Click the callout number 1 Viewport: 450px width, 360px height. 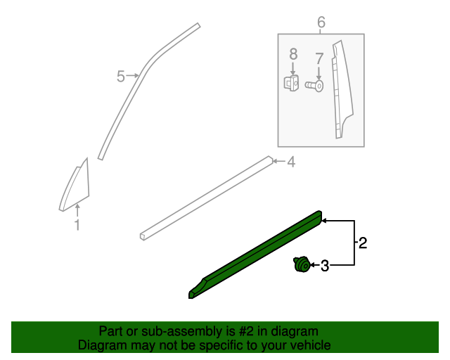77,225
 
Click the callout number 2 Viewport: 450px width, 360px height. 363,243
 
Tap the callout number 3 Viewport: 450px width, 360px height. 325,266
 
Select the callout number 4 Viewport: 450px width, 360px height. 290,162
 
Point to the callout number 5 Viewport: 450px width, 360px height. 121,76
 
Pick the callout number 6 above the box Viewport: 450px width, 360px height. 321,22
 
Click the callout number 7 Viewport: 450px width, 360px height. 319,58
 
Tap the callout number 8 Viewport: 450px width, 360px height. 293,53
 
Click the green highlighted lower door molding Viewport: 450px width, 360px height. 257,254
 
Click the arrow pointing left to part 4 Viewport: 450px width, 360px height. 278,162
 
